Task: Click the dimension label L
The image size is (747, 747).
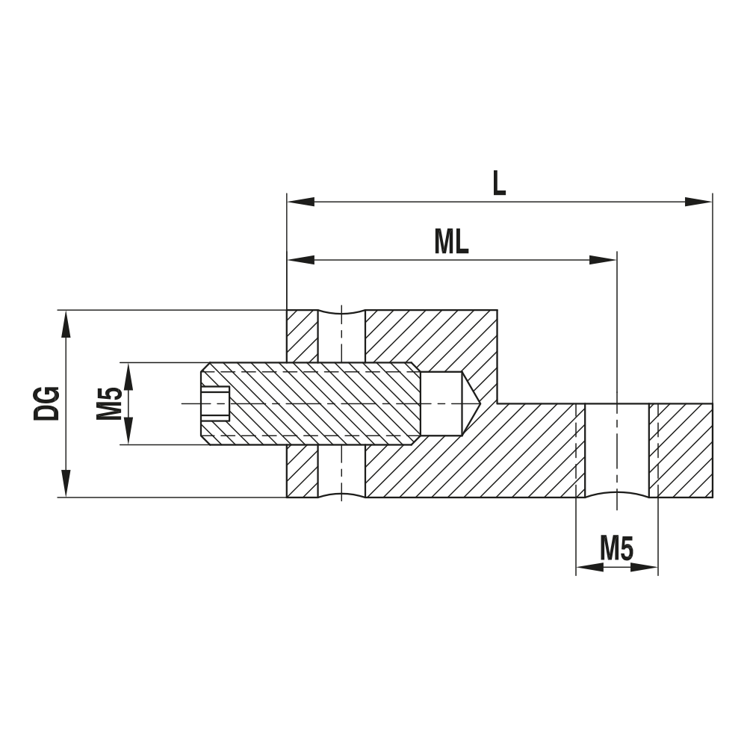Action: tap(498, 182)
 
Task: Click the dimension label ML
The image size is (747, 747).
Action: tap(451, 241)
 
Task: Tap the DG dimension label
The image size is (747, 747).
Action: tap(46, 403)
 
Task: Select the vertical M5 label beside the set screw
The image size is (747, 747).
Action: tap(109, 403)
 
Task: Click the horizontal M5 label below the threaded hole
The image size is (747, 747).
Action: tap(617, 550)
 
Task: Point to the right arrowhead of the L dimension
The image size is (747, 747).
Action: tap(699, 202)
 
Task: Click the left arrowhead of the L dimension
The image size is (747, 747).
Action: tap(300, 202)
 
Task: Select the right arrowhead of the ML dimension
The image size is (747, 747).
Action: tap(603, 260)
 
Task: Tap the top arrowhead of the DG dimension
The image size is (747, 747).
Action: tap(66, 323)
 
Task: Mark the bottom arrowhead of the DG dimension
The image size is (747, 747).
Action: tap(66, 483)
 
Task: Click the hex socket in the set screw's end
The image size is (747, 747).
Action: tap(215, 403)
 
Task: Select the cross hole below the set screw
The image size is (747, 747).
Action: tap(341, 471)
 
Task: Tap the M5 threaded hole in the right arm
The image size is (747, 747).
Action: tap(617, 448)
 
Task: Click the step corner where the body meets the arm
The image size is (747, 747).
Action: tap(498, 403)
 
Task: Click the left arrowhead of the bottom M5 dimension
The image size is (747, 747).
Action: tap(589, 568)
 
